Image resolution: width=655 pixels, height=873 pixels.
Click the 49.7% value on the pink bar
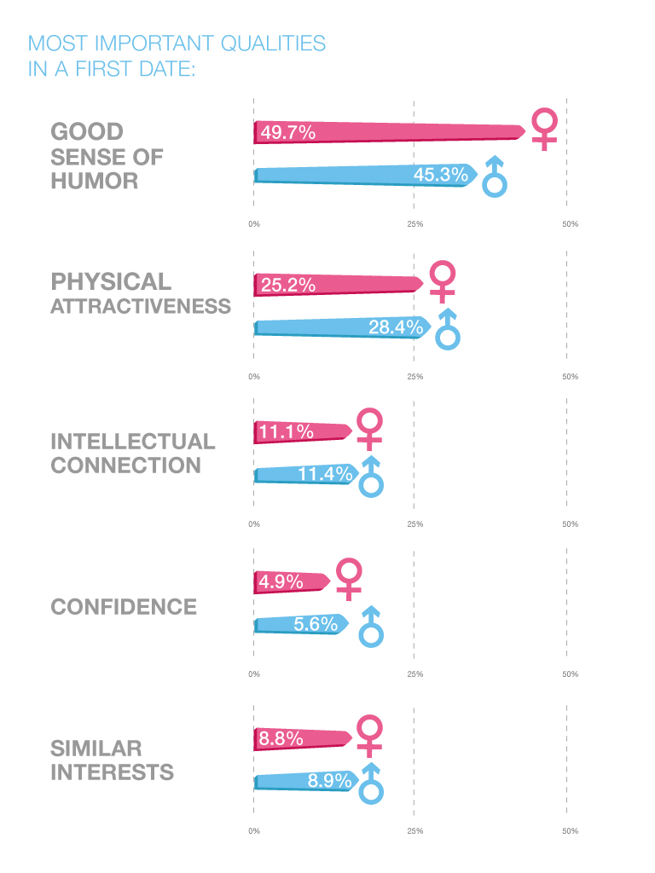tap(287, 132)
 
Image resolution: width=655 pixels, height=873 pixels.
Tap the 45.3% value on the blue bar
tap(440, 175)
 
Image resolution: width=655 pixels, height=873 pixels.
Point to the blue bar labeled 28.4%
tap(341, 327)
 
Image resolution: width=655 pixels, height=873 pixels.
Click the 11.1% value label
tap(287, 432)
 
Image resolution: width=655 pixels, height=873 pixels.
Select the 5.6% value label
tap(316, 625)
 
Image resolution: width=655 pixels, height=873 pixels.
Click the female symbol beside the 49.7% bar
tap(544, 129)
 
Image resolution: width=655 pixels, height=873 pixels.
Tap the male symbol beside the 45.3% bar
tap(495, 176)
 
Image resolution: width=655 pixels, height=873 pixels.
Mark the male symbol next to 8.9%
tap(371, 784)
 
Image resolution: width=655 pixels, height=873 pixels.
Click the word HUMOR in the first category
tap(94, 182)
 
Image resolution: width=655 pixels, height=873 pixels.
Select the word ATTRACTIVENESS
tap(141, 306)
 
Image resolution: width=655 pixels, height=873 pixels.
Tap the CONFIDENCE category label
tap(124, 607)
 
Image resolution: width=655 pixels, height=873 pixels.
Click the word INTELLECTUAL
tap(133, 442)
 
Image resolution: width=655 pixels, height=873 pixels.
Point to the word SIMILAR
tap(96, 749)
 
